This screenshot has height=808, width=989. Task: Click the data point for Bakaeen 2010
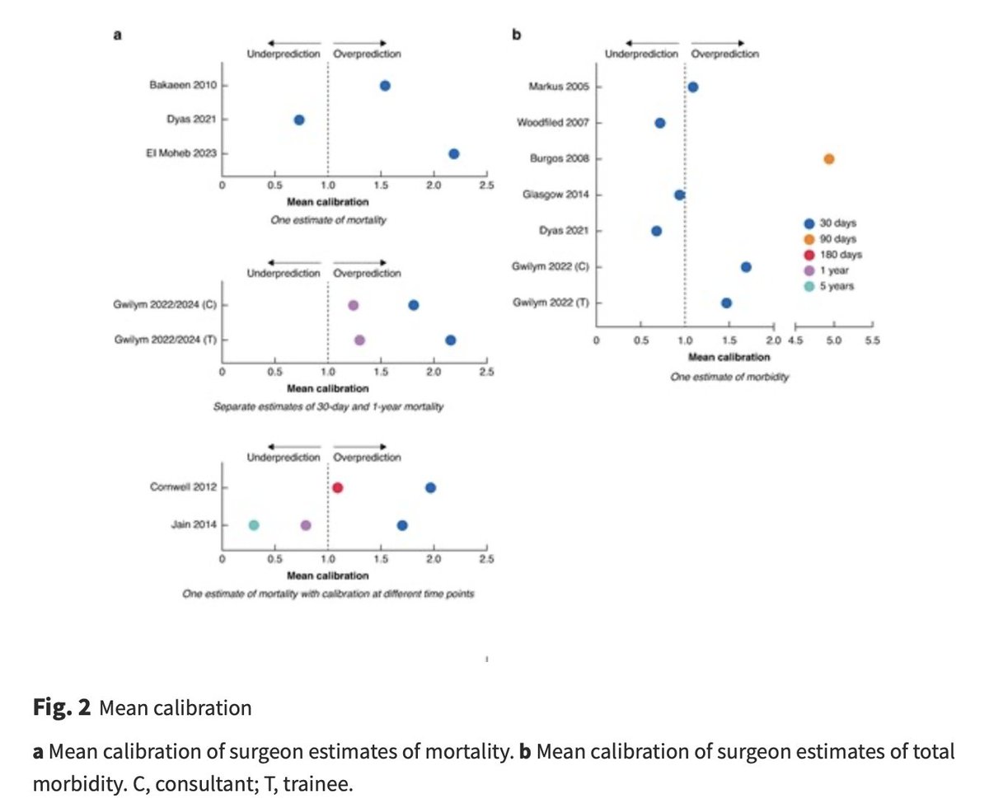385,86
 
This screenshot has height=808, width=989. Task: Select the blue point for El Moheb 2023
453,154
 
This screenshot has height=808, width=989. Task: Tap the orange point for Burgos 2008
829,159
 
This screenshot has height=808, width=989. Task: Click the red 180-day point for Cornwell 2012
338,488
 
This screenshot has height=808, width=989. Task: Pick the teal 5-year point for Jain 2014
254,525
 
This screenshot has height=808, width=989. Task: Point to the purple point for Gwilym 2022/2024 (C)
354,305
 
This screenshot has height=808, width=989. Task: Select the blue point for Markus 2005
693,87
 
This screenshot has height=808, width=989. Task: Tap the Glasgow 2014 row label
556,195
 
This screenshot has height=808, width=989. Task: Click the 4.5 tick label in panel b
795,340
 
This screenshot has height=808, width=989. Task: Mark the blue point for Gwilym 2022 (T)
726,303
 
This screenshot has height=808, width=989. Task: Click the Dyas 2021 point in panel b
656,231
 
